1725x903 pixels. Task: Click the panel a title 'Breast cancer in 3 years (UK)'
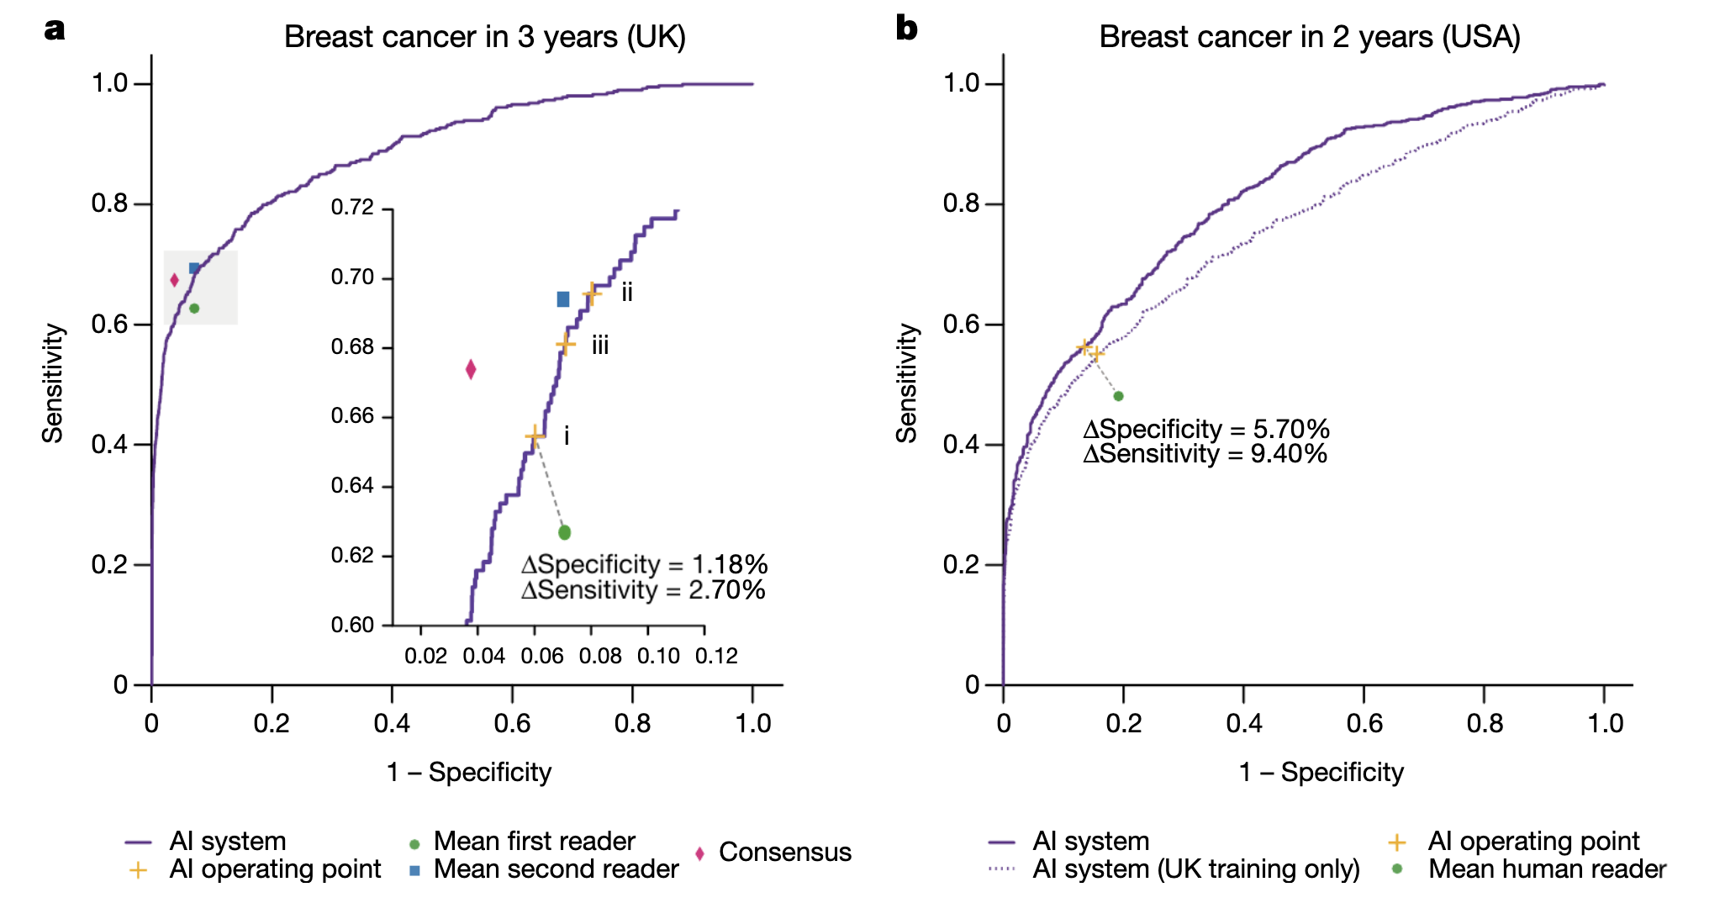point(485,37)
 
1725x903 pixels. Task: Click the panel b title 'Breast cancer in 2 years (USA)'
point(1310,37)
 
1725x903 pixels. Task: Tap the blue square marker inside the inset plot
point(563,299)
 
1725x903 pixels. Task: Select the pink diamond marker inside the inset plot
point(471,369)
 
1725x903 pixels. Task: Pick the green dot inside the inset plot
point(565,532)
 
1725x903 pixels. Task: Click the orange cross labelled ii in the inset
point(592,293)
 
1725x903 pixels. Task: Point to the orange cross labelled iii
point(566,344)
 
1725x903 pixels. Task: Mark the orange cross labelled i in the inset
point(535,436)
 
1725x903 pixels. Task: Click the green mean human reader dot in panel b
point(1118,396)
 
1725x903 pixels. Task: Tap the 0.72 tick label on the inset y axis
point(352,208)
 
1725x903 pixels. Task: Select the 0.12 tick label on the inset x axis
point(716,657)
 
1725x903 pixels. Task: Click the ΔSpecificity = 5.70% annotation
point(1206,430)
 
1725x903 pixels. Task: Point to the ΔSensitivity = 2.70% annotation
point(643,590)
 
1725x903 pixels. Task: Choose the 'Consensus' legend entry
point(784,853)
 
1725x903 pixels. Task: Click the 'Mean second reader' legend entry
point(556,869)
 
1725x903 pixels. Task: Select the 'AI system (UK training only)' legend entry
point(1195,869)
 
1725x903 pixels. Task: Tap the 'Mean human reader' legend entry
point(1547,869)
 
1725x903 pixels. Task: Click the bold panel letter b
point(907,29)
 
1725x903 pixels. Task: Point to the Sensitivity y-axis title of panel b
point(906,383)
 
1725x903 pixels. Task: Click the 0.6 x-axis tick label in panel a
point(512,723)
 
